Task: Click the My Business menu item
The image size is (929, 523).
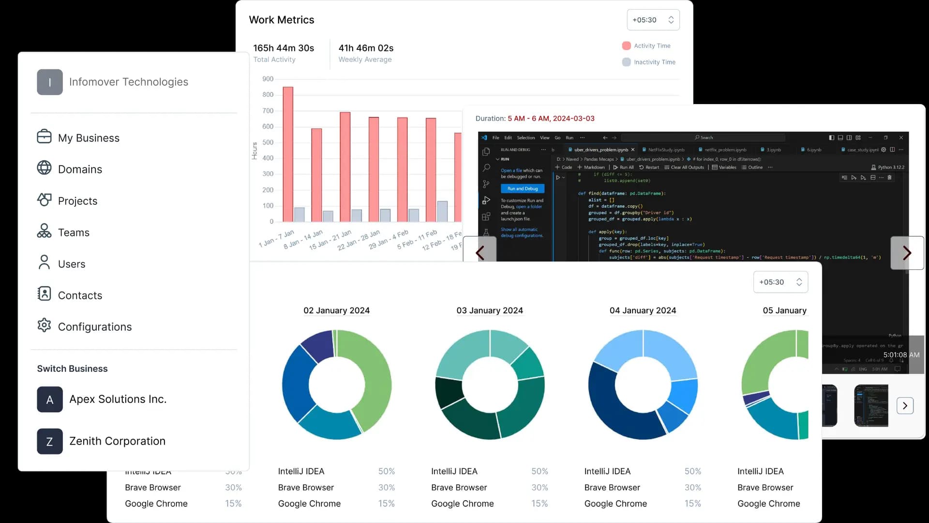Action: tap(88, 138)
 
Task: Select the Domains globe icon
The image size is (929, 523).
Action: tap(44, 168)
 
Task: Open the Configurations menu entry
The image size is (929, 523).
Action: tap(94, 327)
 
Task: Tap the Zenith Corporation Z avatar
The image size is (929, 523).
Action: tap(50, 441)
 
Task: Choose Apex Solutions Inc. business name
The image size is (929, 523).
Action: tap(118, 399)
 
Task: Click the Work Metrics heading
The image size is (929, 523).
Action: tap(281, 20)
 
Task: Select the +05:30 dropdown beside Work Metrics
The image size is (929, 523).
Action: tap(653, 20)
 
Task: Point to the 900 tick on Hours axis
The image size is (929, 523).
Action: tap(268, 79)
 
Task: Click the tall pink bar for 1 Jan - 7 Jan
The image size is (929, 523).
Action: tap(288, 155)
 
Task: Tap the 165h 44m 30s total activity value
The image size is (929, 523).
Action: tap(284, 48)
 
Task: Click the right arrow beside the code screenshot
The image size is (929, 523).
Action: tap(907, 253)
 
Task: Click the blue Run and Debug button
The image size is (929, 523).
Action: tap(523, 189)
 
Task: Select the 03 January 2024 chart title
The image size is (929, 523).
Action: tap(489, 310)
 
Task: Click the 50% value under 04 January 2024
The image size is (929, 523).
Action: tap(692, 471)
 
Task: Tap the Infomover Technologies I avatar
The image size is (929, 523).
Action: tap(50, 82)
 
